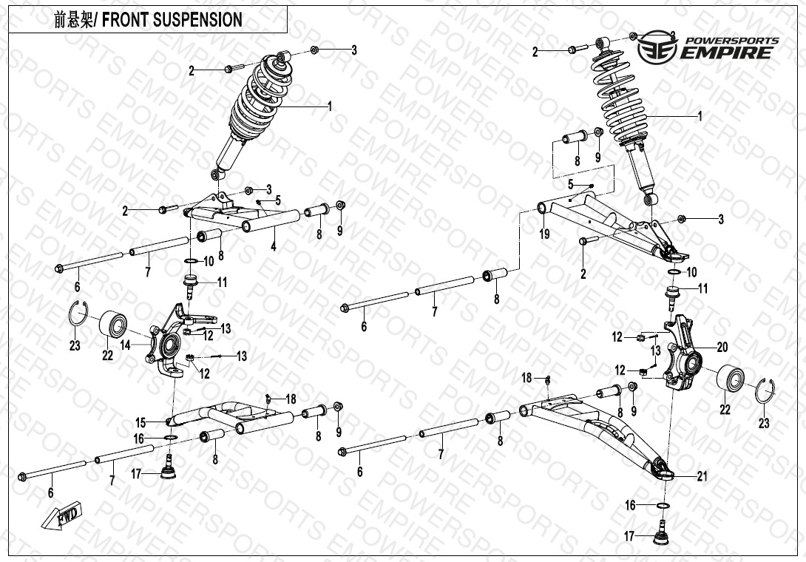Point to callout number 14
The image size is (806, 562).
tap(126, 344)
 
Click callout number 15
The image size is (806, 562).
tap(140, 422)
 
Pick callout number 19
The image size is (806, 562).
tap(544, 235)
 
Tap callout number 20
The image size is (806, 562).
tap(722, 346)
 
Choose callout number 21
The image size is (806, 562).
tap(702, 476)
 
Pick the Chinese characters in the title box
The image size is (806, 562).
tap(70, 20)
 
